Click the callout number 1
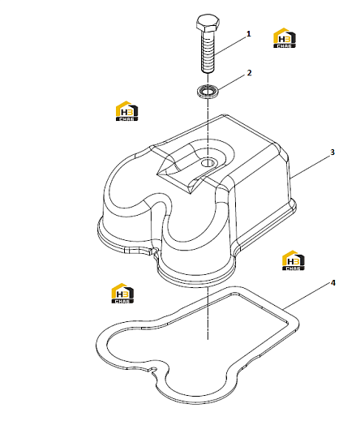(x=248, y=34)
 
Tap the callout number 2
(x=249, y=73)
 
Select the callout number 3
(x=332, y=153)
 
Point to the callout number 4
(x=332, y=283)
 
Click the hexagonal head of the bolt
(x=208, y=24)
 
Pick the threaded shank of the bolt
(x=208, y=52)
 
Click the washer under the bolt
(x=208, y=91)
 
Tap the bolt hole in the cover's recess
(x=208, y=163)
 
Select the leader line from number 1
(x=230, y=45)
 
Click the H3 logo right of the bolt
(x=285, y=38)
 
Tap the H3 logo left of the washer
(x=126, y=111)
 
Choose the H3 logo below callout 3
(x=294, y=260)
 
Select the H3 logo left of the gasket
(x=122, y=294)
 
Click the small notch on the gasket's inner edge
(x=153, y=370)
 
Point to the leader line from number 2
(x=232, y=83)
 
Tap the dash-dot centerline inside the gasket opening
(x=208, y=314)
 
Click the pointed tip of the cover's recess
(x=191, y=193)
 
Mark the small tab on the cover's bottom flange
(x=139, y=251)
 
